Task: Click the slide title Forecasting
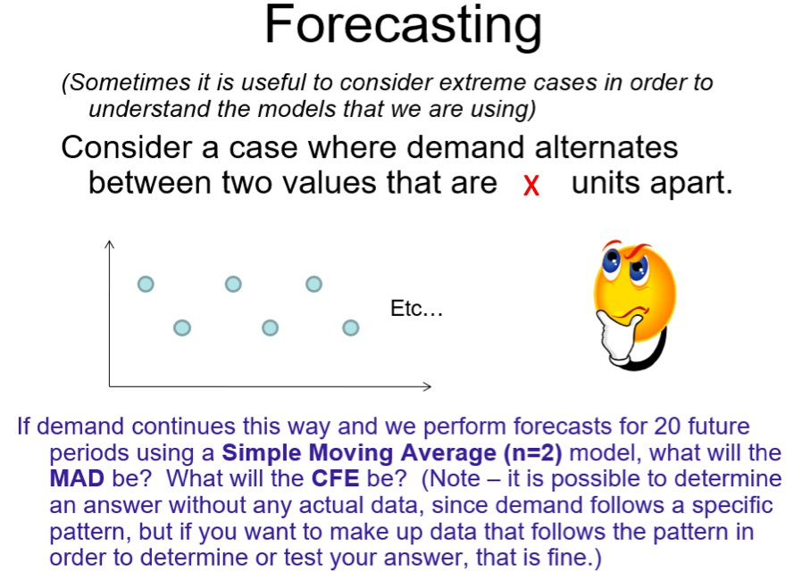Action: [x=403, y=26]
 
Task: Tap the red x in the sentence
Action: [x=532, y=186]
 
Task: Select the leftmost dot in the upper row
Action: [x=146, y=284]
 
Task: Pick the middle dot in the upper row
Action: [x=233, y=284]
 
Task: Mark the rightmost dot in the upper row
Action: [x=313, y=284]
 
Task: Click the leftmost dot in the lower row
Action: [x=182, y=328]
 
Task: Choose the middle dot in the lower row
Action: [x=271, y=328]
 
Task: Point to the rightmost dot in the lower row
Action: [x=351, y=328]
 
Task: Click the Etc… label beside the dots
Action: [x=416, y=310]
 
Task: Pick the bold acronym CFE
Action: [x=334, y=477]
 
